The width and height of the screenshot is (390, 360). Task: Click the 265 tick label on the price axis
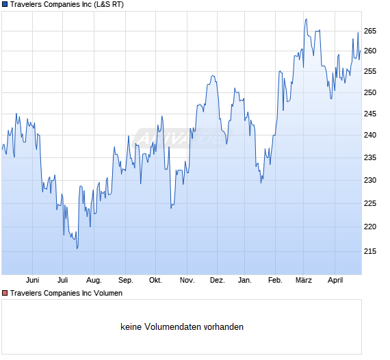point(370,31)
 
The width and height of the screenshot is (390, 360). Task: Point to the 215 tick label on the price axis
point(370,252)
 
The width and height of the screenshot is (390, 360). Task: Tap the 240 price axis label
point(370,135)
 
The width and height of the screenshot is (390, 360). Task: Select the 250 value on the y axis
point(370,92)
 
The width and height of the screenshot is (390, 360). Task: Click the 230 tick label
point(370,180)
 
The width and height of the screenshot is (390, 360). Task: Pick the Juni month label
point(33,281)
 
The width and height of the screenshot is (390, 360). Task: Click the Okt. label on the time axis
point(155,281)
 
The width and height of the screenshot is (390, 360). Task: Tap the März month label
point(303,281)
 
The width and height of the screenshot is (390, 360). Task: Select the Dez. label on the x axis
point(218,281)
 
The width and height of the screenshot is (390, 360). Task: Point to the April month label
point(335,281)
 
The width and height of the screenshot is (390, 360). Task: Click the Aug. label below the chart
point(94,281)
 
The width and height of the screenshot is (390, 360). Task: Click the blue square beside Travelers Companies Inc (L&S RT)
point(5,5)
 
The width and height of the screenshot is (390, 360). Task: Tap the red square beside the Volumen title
point(5,293)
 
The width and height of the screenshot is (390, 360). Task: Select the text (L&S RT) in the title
point(109,5)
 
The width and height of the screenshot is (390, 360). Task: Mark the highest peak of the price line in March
point(306,19)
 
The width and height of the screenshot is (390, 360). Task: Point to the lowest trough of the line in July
point(77,248)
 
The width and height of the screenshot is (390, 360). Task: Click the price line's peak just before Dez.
point(213,75)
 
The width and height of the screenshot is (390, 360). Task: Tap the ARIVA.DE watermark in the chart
point(182,138)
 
